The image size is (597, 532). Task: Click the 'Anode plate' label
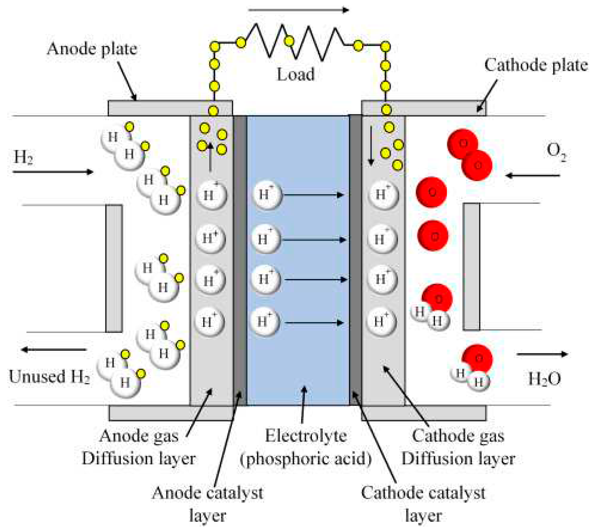92,49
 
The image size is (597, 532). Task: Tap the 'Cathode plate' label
536,65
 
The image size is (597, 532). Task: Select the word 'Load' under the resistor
296,74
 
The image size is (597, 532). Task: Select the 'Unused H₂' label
49,377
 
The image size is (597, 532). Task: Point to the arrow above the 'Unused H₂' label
54,349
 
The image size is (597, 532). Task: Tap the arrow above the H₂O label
542,354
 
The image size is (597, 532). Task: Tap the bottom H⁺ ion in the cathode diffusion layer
381,322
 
